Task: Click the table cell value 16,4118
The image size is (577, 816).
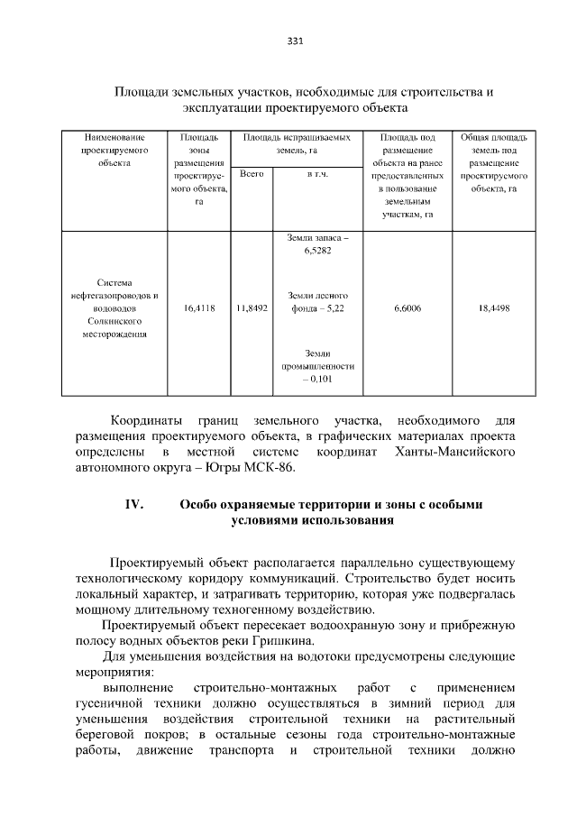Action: tap(198, 308)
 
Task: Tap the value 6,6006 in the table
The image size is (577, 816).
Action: tap(408, 308)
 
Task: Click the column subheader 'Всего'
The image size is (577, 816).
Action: tap(252, 173)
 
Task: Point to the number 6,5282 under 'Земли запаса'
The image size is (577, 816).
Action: tap(315, 252)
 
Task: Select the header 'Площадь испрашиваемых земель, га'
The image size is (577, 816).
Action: tap(295, 143)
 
